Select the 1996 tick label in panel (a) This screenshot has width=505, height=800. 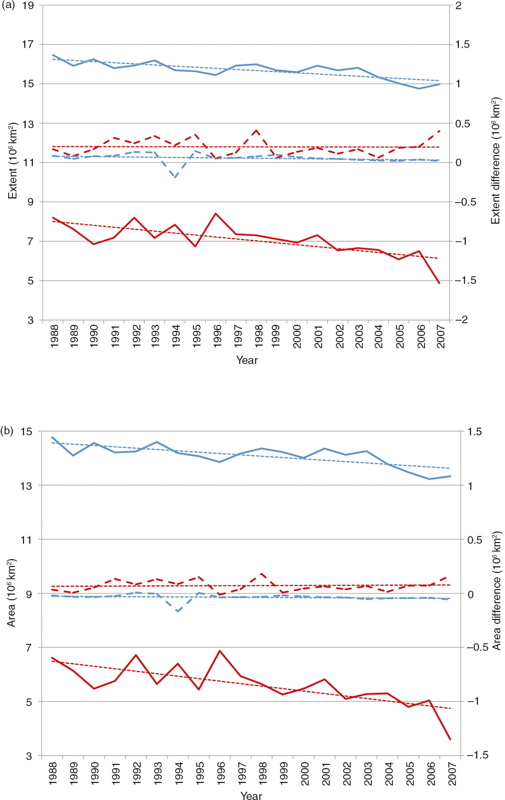[x=217, y=336]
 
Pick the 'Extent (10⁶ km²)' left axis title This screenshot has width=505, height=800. [x=13, y=161]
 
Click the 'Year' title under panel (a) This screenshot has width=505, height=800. [x=247, y=360]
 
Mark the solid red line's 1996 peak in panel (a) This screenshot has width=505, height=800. [x=215, y=213]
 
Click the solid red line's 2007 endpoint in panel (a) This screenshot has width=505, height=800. [x=439, y=283]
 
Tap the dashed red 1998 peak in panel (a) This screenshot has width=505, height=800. [x=256, y=130]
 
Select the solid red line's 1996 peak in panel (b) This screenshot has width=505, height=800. [x=220, y=651]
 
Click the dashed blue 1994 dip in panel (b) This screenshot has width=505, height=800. [x=178, y=611]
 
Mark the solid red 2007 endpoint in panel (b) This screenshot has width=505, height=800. [x=450, y=739]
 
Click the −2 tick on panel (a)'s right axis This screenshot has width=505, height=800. [x=461, y=320]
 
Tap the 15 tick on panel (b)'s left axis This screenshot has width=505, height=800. [x=26, y=432]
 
